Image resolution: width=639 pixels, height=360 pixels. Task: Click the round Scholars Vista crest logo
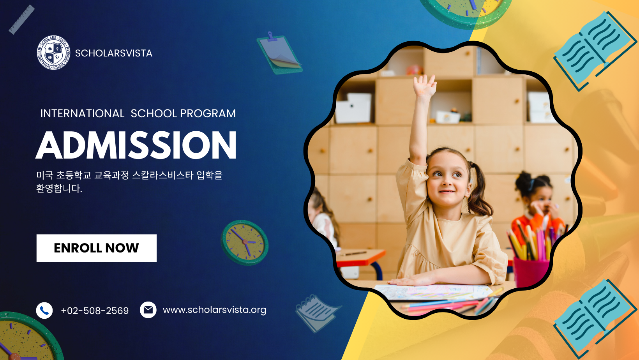click(53, 53)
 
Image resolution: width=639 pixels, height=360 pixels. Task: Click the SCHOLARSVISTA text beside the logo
click(113, 53)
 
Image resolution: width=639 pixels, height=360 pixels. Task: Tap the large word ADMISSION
click(136, 145)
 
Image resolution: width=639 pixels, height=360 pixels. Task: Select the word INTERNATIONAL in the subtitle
click(82, 113)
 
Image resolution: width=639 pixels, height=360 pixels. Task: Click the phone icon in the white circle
click(44, 311)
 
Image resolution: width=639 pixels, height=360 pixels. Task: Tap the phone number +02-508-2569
click(95, 311)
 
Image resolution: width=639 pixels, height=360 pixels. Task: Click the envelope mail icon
click(148, 310)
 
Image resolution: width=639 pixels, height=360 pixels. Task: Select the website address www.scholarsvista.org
click(215, 310)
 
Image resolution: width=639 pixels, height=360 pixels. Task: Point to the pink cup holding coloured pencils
click(531, 272)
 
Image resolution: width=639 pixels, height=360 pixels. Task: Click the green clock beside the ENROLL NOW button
click(244, 242)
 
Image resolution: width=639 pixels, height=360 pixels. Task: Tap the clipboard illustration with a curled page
click(279, 54)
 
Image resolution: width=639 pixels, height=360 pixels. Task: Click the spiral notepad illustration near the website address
click(317, 313)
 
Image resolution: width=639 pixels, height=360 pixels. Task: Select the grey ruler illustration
click(21, 19)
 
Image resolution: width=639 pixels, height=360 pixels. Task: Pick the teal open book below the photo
click(595, 319)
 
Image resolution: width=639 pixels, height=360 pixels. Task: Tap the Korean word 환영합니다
click(59, 189)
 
